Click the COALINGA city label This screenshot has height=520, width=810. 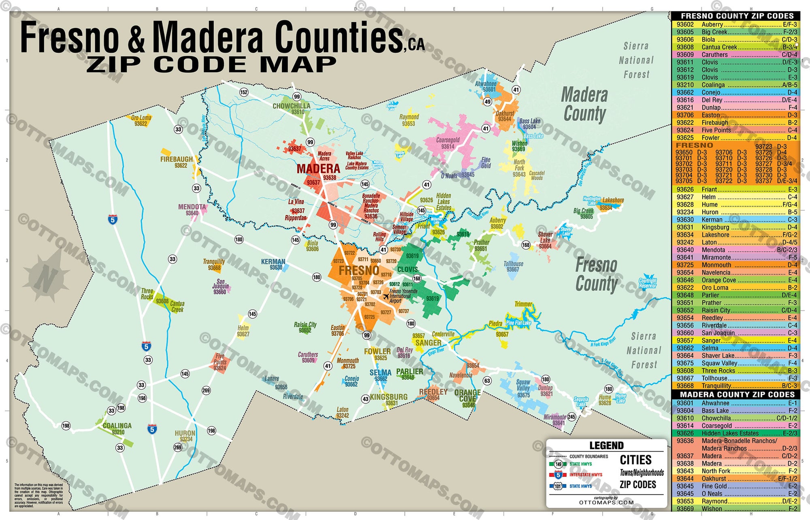point(117,426)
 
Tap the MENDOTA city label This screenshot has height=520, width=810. point(192,207)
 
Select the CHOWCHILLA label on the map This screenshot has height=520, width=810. point(291,106)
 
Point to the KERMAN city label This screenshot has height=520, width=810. point(273,262)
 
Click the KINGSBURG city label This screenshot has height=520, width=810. point(388,397)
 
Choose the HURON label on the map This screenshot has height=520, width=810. point(185,433)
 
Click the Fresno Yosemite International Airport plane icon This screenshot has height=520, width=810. point(386,296)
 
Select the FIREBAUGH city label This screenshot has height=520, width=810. point(177,160)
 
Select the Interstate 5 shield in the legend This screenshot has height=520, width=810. point(558,475)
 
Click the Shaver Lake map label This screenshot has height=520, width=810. point(545,237)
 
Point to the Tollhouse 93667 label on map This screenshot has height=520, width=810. point(513,266)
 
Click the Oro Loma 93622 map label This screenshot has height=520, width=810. point(141,120)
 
